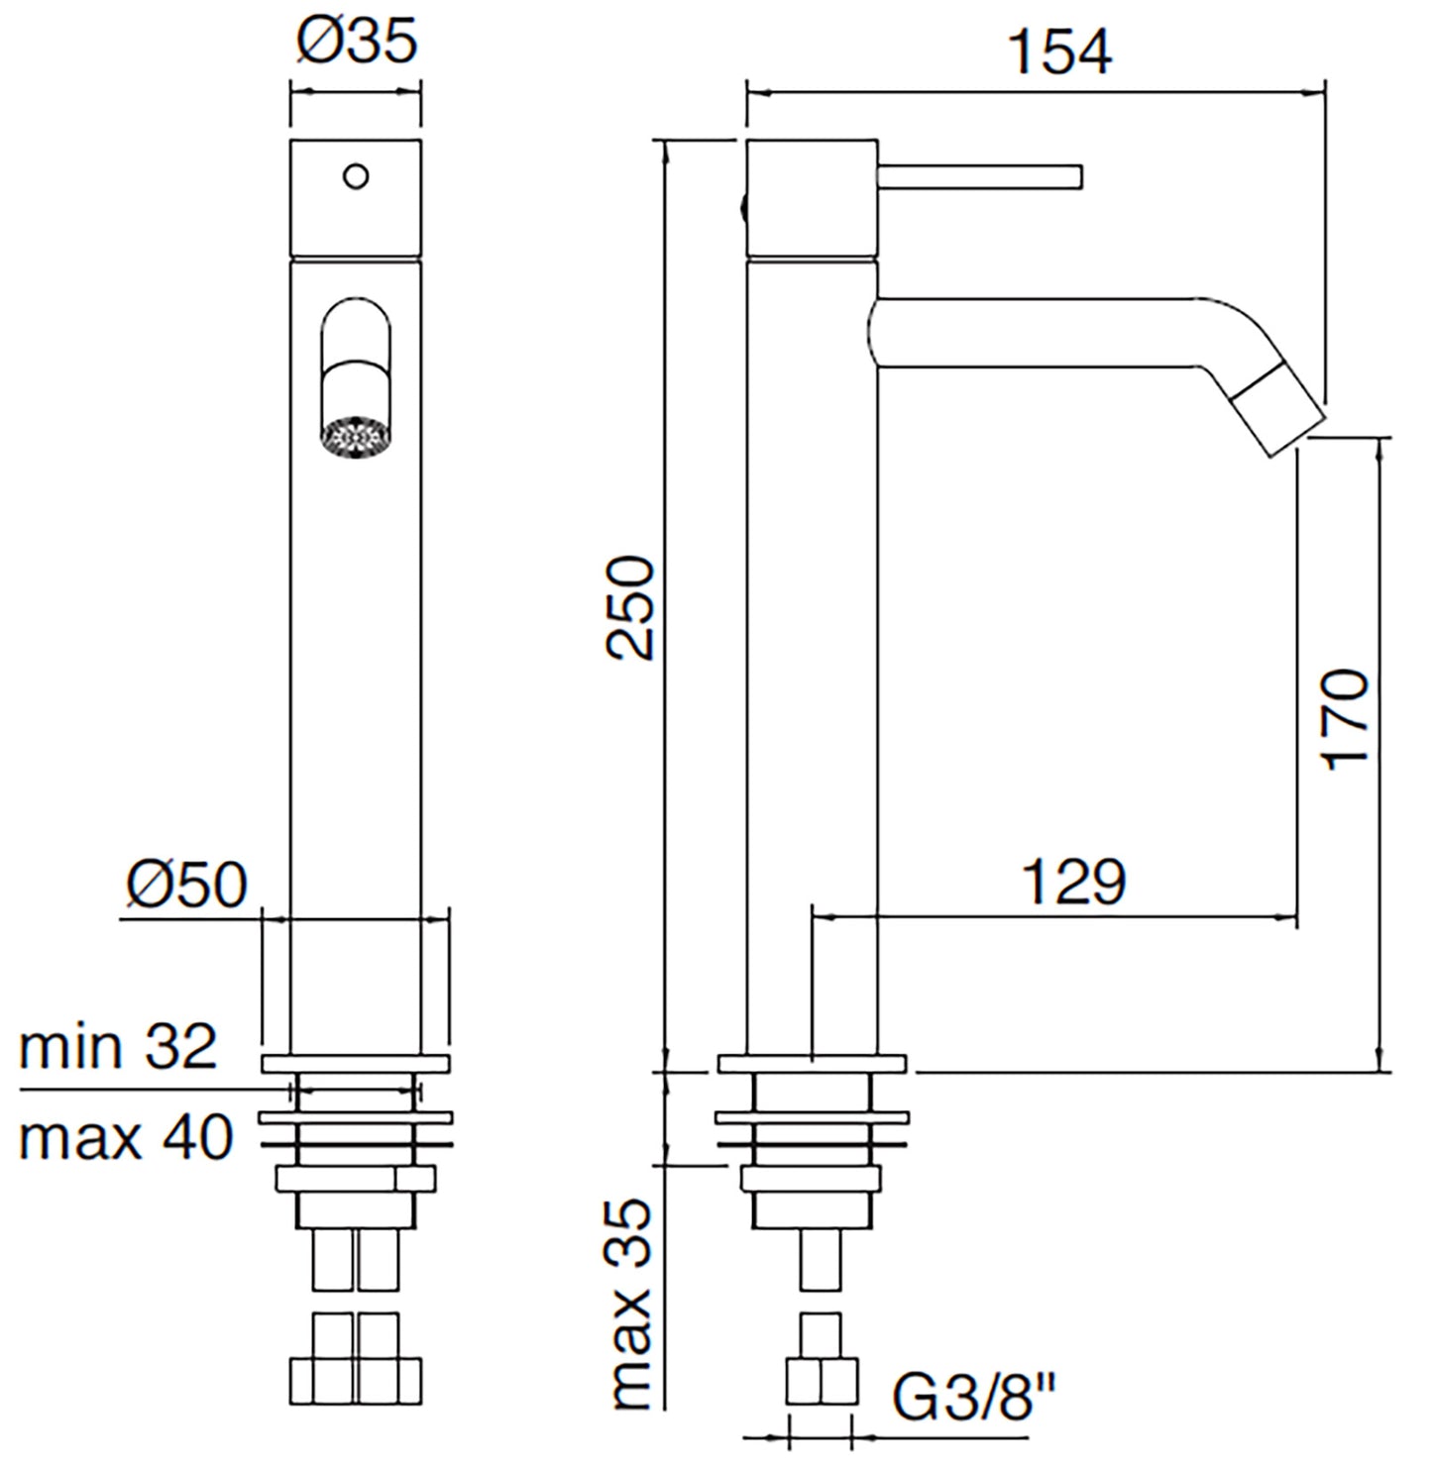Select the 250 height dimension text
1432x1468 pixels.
pyautogui.click(x=631, y=607)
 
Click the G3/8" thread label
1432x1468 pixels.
pyautogui.click(x=974, y=1396)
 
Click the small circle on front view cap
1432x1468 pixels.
pyautogui.click(x=356, y=176)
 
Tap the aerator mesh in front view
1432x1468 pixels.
pyautogui.click(x=356, y=438)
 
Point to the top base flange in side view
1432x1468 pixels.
pyautogui.click(x=812, y=1064)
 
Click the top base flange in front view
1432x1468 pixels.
pyautogui.click(x=356, y=1064)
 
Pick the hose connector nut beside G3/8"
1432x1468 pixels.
pyautogui.click(x=822, y=1381)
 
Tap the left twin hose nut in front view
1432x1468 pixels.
pyautogui.click(x=322, y=1378)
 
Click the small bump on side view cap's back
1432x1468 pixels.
pyautogui.click(x=741, y=208)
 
